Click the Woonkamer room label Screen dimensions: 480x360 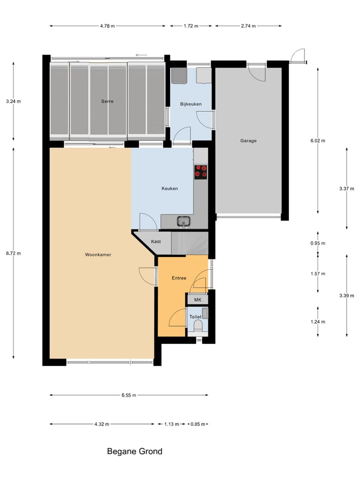98,254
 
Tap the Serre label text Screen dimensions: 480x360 107,101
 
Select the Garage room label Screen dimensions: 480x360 248,141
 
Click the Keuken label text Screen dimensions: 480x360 169,188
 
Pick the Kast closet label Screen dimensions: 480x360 155,241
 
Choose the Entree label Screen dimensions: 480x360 178,277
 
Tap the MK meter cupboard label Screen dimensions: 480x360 197,300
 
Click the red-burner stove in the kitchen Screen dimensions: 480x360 201,171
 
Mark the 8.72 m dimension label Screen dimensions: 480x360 13,253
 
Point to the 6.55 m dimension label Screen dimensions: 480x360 128,395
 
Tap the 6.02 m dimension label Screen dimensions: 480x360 317,141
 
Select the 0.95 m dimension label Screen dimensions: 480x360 317,243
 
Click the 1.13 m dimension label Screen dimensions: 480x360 171,424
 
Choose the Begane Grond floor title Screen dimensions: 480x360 134,451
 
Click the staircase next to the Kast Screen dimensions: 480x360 189,243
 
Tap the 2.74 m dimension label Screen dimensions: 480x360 248,25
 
